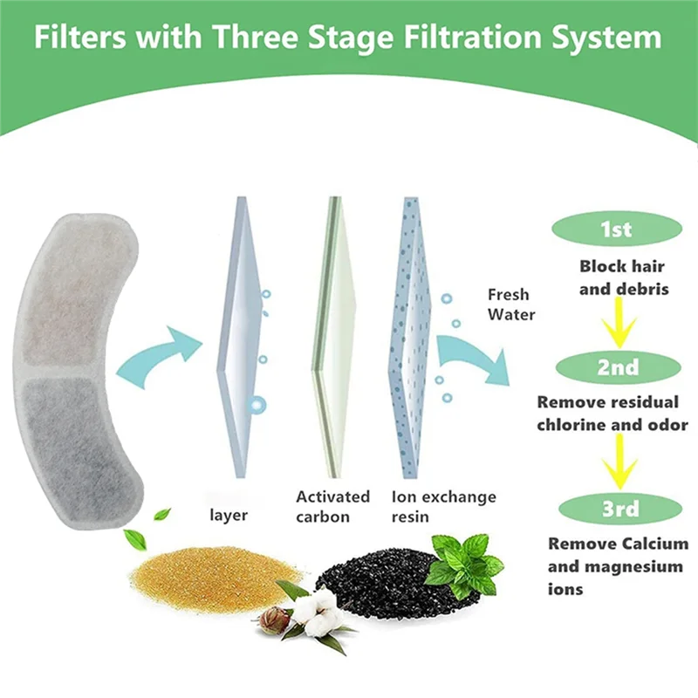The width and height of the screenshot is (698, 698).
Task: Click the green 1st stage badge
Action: coord(617,230)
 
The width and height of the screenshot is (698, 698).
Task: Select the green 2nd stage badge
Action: coord(617,367)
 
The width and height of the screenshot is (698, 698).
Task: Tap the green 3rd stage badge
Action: coord(617,509)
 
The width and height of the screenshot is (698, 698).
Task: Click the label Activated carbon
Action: coord(332,506)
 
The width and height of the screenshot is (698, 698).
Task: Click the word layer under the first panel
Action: coord(229,515)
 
